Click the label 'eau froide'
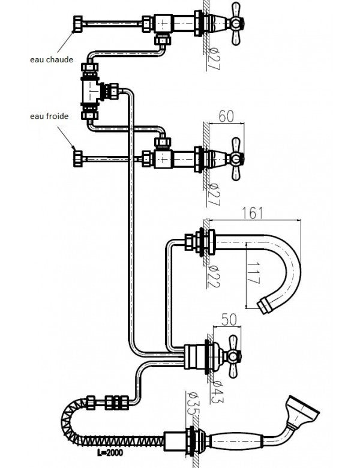(49, 116)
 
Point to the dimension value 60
(225, 116)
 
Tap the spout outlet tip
(265, 305)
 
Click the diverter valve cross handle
(231, 356)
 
